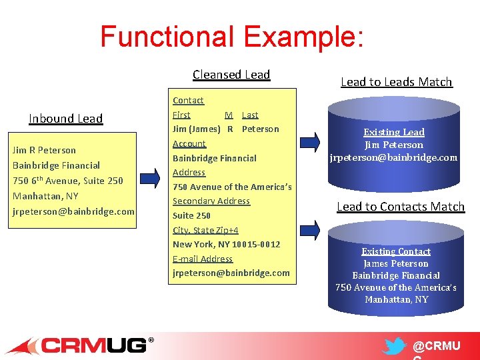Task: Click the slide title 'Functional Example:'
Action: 231,37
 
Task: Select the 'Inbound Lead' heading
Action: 66,119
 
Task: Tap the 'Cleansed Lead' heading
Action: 231,75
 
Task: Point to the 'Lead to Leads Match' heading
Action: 396,82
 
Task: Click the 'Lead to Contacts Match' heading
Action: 400,207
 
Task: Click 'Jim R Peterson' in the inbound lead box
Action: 44,150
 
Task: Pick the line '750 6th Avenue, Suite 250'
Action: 68,181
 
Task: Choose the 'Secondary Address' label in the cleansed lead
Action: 211,201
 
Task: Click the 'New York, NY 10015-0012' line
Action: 227,244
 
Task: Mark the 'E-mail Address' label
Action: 203,259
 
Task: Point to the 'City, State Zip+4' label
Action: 205,230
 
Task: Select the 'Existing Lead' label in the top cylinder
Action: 393,132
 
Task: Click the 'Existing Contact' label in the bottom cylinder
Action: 396,251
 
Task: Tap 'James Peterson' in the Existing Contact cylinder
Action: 396,263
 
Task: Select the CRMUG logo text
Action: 93,345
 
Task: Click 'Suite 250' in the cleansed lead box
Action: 191,215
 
